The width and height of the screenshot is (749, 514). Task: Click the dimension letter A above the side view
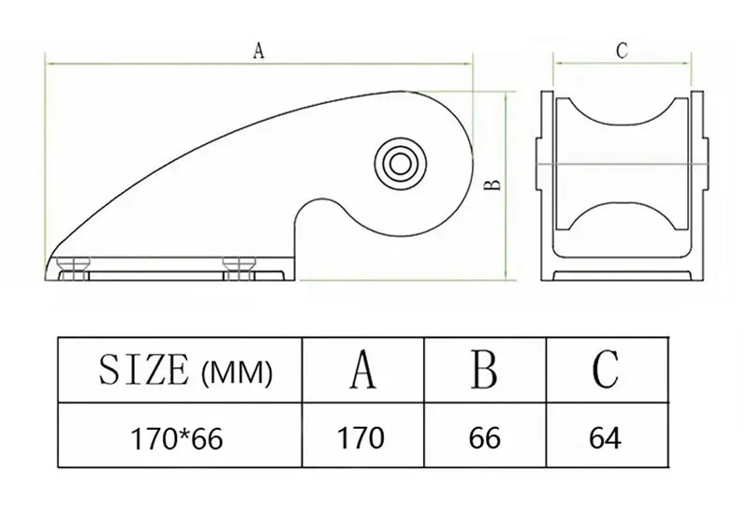click(258, 51)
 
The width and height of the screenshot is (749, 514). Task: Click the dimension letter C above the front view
click(622, 51)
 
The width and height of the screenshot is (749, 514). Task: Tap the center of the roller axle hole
click(401, 164)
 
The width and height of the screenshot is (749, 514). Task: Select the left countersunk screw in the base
click(73, 269)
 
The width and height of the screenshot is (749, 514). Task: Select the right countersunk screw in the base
click(239, 269)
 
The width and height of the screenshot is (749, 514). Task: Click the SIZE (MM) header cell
click(180, 370)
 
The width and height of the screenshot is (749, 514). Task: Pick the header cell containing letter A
click(363, 370)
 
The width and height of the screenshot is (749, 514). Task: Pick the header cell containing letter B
click(485, 370)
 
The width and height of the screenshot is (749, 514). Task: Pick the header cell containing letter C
click(607, 370)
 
